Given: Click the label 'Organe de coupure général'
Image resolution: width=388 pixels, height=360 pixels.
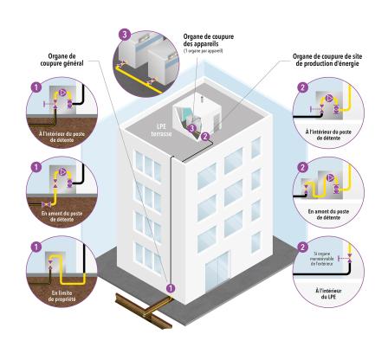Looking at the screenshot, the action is pos(61,60).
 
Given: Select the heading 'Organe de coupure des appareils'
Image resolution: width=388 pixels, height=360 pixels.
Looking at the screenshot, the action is pos(209,41).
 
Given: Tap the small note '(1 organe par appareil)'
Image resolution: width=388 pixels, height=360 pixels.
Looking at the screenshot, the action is pos(204,51).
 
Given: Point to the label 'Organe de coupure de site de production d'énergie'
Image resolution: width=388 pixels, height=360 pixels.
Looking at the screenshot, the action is pos(327,60).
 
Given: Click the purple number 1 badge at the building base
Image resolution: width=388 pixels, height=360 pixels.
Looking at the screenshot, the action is pos(171,287).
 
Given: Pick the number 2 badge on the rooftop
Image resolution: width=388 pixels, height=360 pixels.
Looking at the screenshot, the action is pos(205,136).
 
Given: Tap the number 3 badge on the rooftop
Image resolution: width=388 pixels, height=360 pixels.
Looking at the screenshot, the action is pos(191,129).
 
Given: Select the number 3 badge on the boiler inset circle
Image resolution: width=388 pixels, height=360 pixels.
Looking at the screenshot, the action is pos(125,35).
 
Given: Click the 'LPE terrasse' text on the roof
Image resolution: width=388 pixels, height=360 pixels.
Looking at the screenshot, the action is pos(161,130).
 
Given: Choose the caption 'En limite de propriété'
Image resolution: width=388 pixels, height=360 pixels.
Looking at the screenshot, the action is pos(61,296).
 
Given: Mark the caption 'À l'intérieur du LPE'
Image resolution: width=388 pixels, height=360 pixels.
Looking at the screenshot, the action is pos(328,293).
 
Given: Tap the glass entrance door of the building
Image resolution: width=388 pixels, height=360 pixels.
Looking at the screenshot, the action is pos(217,272).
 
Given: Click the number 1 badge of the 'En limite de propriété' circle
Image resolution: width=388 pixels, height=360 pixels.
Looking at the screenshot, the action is pos(36,247).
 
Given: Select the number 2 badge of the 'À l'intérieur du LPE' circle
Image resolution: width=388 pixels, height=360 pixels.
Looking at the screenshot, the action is pos(302,247).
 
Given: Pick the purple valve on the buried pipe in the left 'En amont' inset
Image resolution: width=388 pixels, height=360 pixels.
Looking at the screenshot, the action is pos(46,204).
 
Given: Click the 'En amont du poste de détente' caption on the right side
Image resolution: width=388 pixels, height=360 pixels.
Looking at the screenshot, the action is pos(328,215).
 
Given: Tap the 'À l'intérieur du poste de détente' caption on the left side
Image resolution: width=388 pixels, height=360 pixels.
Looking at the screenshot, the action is pos(62,137).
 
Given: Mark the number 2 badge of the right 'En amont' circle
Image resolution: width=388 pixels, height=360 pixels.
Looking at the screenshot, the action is pos(302,168).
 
